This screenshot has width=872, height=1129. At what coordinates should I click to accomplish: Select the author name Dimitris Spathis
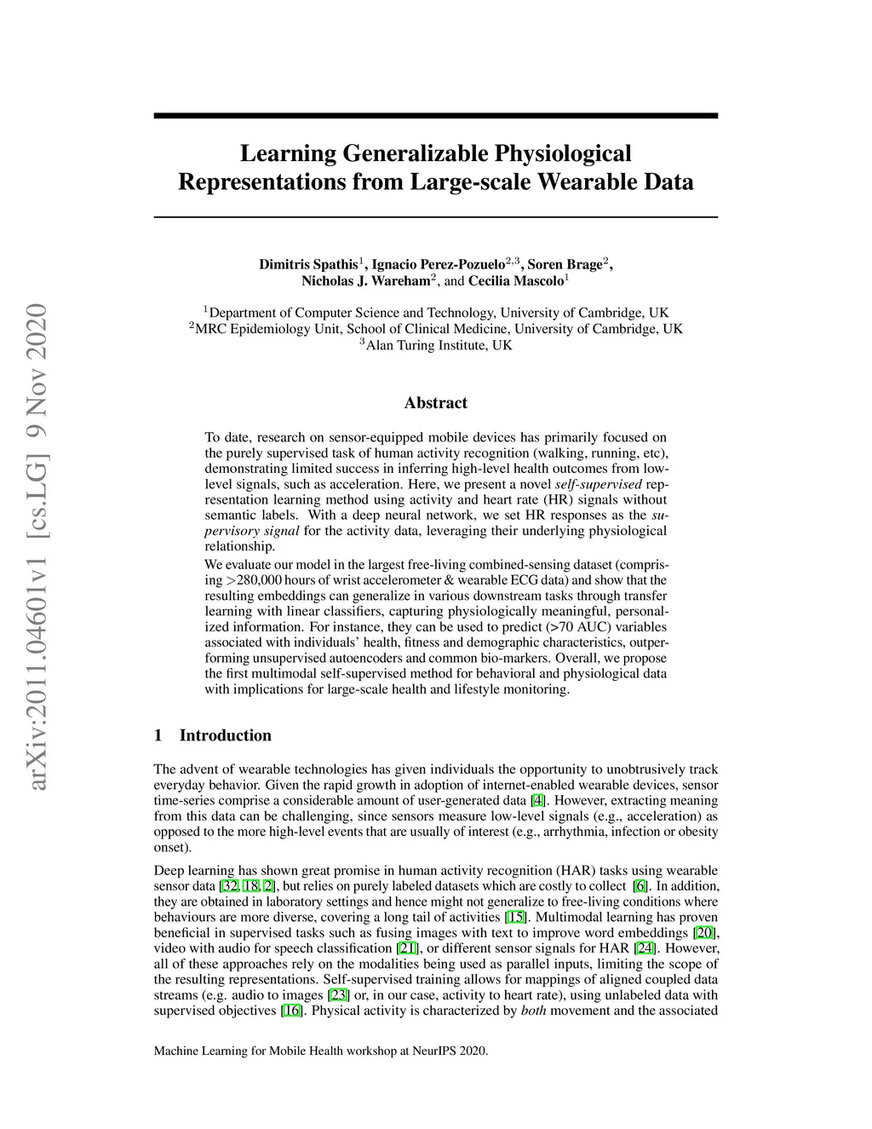tap(308, 264)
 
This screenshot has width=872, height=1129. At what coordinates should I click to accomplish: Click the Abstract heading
tap(435, 403)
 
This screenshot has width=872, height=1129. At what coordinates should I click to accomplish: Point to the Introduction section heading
tap(225, 735)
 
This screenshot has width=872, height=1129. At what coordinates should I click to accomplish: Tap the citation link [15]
tap(515, 918)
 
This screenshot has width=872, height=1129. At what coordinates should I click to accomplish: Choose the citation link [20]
tap(704, 933)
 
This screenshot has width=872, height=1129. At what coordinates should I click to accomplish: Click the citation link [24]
tap(645, 948)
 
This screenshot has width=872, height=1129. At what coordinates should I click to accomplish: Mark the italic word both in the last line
tap(533, 1011)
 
